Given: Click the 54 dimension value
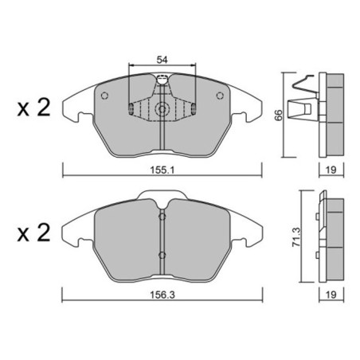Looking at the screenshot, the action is [162, 60].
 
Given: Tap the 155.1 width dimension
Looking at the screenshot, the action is [162, 170].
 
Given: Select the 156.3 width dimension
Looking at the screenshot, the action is [162, 295].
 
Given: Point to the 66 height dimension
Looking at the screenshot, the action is [279, 115].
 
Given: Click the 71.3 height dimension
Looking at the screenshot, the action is [296, 237].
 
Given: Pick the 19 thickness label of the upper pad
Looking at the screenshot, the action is [331, 170].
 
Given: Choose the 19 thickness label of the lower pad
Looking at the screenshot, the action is [331, 295].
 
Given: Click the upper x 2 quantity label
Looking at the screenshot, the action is [33, 108].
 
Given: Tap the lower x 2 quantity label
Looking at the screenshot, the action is [33, 233].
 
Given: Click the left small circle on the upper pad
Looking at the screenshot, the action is [104, 96].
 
